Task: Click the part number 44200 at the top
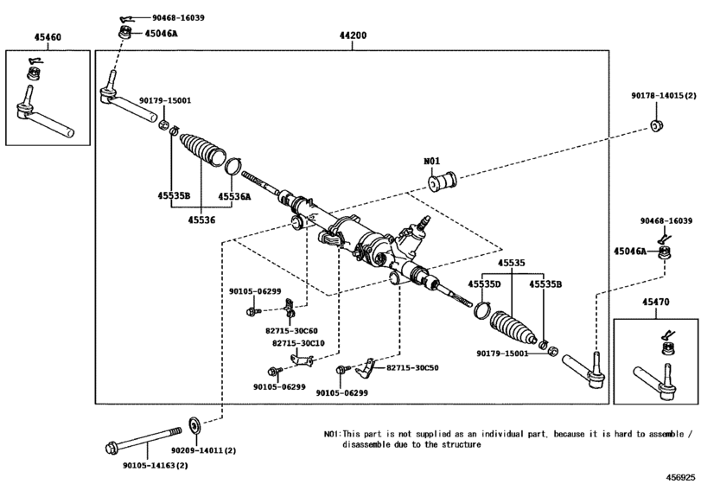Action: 353,35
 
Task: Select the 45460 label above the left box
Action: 48,37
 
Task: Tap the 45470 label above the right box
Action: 656,302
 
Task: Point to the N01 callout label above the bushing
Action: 432,161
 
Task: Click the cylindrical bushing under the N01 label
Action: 443,181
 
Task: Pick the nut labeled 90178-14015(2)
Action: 656,125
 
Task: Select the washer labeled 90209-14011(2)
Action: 194,425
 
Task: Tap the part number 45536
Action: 201,220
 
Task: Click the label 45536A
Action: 234,196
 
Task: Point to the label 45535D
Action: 484,284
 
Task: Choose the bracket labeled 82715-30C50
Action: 366,368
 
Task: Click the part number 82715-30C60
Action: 291,331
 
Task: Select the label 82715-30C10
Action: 298,343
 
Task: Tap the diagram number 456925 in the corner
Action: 681,477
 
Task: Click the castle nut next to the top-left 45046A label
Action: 125,33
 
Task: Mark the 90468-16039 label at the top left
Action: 178,18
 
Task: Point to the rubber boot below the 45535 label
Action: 513,328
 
